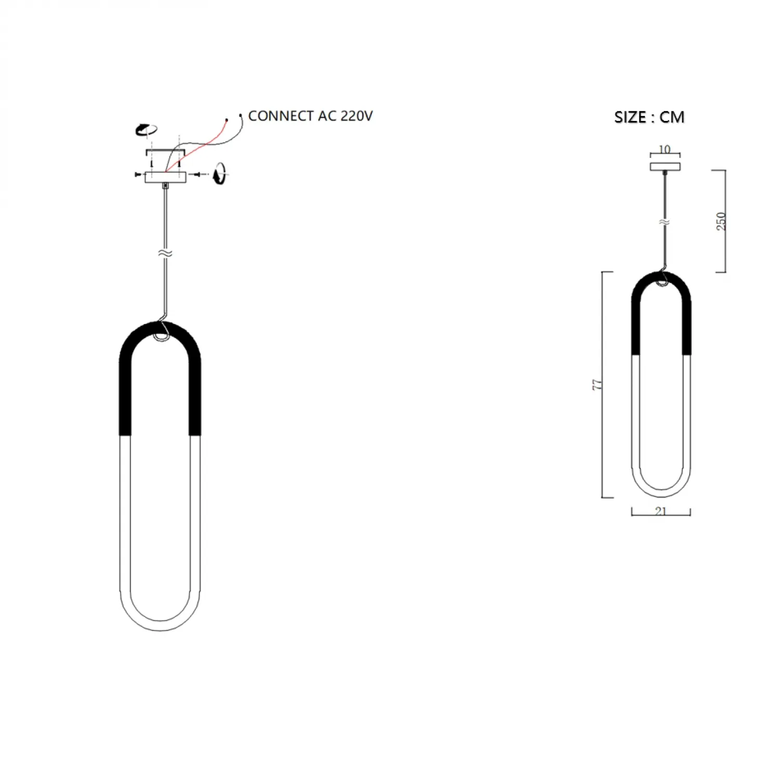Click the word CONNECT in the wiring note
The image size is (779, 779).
pyautogui.click(x=281, y=116)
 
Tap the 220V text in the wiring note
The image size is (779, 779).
pyautogui.click(x=357, y=116)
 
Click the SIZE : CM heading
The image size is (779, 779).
pyautogui.click(x=649, y=117)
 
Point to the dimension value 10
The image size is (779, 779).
pyautogui.click(x=665, y=150)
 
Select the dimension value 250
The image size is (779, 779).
pyautogui.click(x=721, y=221)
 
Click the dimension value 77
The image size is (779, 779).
pyautogui.click(x=597, y=385)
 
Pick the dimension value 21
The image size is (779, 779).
pyautogui.click(x=661, y=511)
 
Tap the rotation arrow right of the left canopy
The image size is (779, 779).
pyautogui.click(x=220, y=173)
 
